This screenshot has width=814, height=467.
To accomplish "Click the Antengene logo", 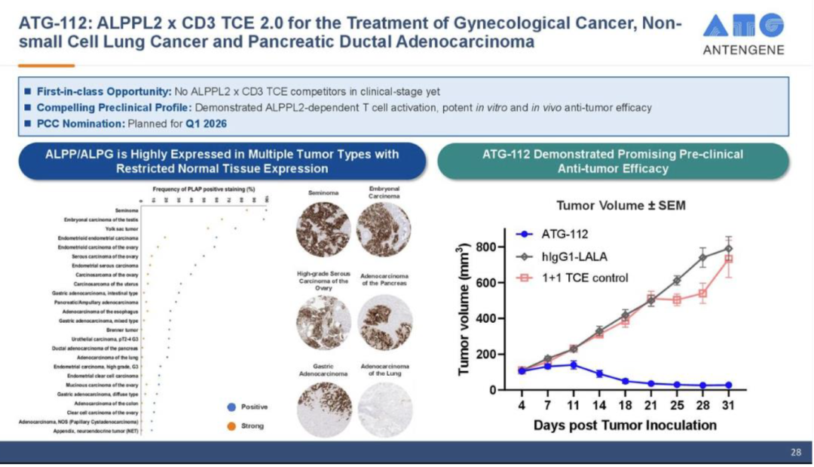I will [x=743, y=34].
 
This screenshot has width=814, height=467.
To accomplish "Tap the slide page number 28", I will [x=796, y=453].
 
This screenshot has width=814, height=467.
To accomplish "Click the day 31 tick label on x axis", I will [x=728, y=405].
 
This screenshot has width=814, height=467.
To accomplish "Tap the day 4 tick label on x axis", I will [x=521, y=405].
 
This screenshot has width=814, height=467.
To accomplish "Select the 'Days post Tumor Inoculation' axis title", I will [x=625, y=426].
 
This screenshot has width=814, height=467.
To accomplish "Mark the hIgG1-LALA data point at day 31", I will [x=728, y=248].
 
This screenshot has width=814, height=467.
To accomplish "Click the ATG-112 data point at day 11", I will [x=573, y=364].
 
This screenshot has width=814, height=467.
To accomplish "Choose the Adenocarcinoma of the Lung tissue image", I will [x=384, y=407].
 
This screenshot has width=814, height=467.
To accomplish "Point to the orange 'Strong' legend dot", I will [x=231, y=426].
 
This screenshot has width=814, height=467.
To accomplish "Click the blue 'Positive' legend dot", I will [x=231, y=407].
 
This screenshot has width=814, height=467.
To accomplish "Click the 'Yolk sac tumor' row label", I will [x=122, y=228].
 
